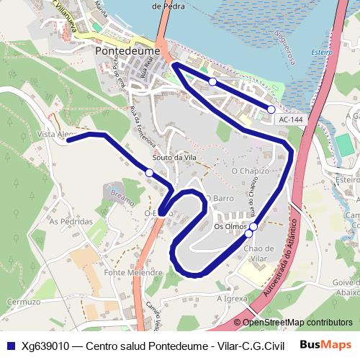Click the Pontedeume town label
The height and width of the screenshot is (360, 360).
127,52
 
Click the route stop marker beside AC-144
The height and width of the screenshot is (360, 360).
271,109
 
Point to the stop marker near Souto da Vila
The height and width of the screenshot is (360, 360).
149,173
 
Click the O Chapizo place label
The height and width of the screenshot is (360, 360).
250,171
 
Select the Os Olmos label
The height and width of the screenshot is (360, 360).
230,228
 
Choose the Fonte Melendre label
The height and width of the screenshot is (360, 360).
133,274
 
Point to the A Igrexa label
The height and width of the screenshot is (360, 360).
231,296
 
